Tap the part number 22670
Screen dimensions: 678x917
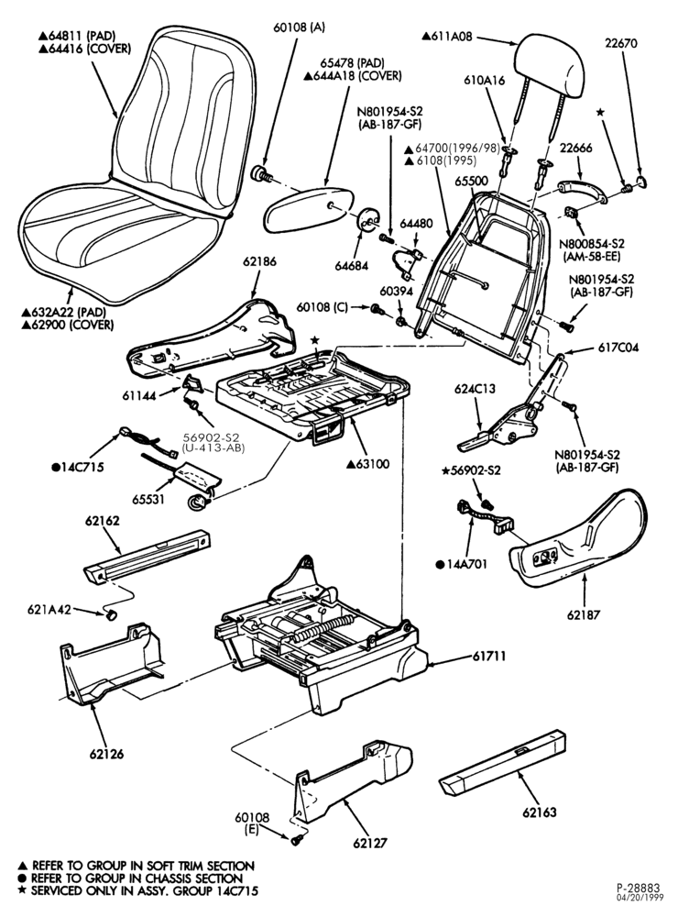[x=621, y=43]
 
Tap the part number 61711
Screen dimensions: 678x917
[x=489, y=657]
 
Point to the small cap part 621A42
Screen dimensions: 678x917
[x=111, y=614]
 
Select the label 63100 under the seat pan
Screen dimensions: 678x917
[x=367, y=464]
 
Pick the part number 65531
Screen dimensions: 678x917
[x=148, y=499]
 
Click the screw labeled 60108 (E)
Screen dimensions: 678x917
[x=296, y=840]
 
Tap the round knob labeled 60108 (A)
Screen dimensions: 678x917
[x=258, y=174]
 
